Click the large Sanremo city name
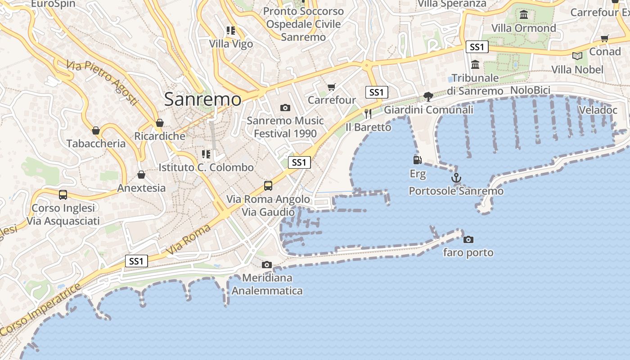202,99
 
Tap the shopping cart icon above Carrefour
332,87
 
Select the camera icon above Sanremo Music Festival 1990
285,108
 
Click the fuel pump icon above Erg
417,160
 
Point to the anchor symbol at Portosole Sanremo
456,178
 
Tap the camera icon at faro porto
468,239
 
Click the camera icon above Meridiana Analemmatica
267,265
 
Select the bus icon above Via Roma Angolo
268,185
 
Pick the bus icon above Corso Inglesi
63,195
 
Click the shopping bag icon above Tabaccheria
96,130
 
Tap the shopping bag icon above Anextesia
141,175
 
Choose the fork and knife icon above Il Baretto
368,113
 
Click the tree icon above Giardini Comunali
428,96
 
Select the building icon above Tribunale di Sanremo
475,65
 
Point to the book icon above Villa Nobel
577,56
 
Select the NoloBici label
530,90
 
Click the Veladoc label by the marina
598,110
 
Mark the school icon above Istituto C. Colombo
206,155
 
